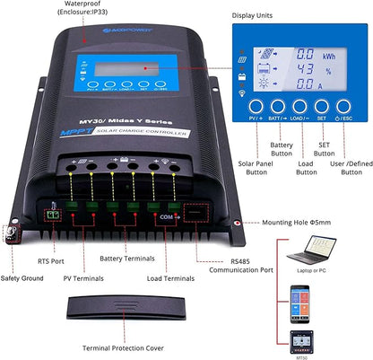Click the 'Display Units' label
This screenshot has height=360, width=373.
256,13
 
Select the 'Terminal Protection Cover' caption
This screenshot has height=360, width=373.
123,347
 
